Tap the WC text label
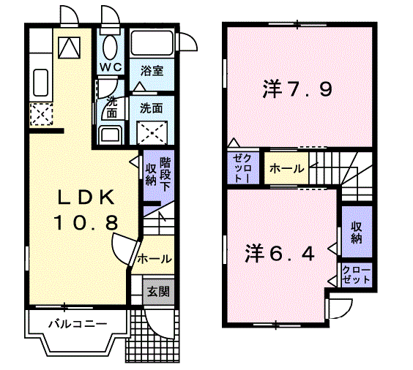click(111, 67)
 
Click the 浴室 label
click(152, 71)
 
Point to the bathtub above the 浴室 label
click(152, 45)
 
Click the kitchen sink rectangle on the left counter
click(40, 83)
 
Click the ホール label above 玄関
click(155, 258)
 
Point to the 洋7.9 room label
click(297, 91)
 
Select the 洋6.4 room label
click(280, 254)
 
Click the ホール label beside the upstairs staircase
click(287, 169)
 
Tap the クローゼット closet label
click(357, 276)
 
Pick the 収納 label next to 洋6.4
click(357, 233)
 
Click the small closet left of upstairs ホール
click(242, 168)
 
